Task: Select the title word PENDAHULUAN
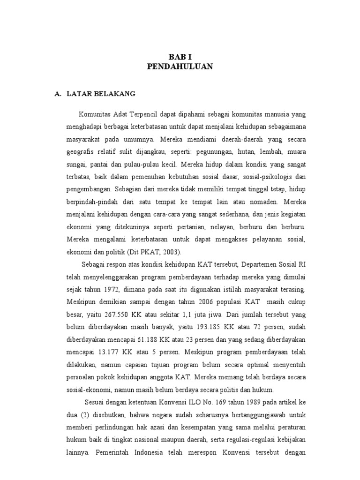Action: [x=180, y=67]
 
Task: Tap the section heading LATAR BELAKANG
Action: [x=101, y=94]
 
